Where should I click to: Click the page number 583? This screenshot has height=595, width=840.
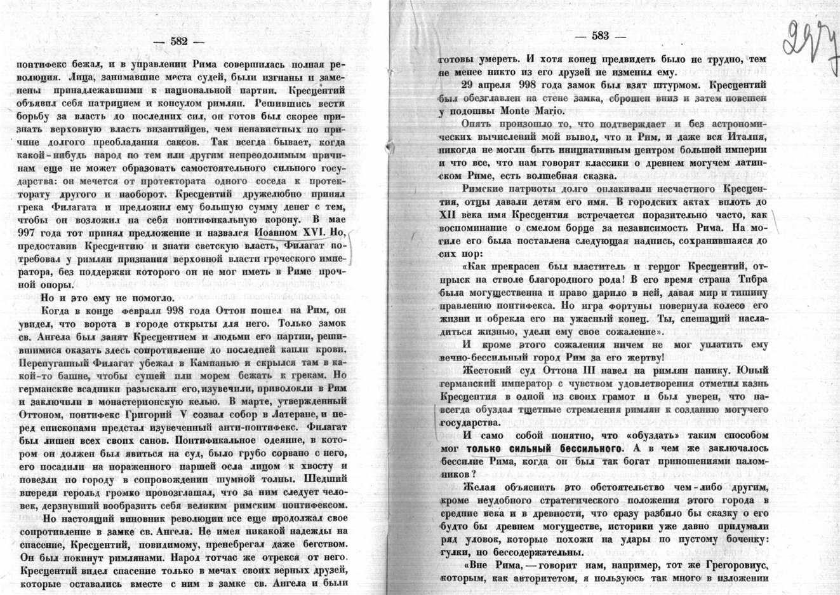tap(600, 36)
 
